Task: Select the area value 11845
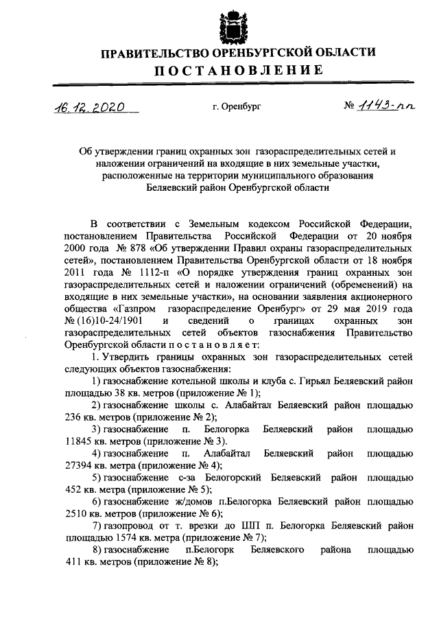(x=79, y=441)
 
